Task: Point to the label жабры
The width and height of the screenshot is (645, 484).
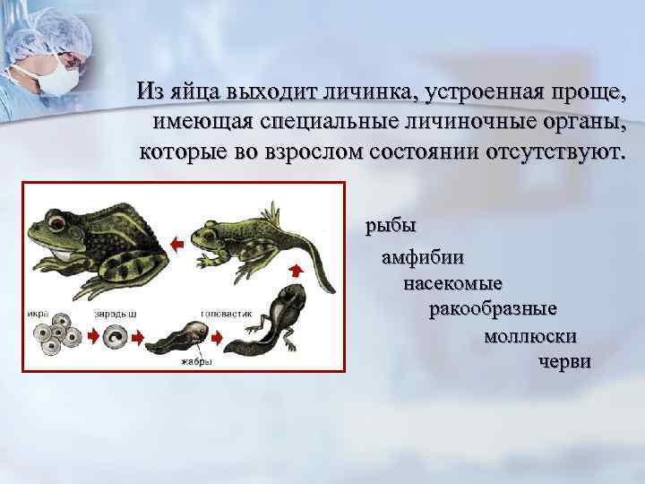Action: click(195, 362)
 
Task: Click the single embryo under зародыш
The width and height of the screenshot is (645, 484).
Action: click(116, 338)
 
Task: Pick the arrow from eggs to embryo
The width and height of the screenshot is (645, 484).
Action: click(91, 337)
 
